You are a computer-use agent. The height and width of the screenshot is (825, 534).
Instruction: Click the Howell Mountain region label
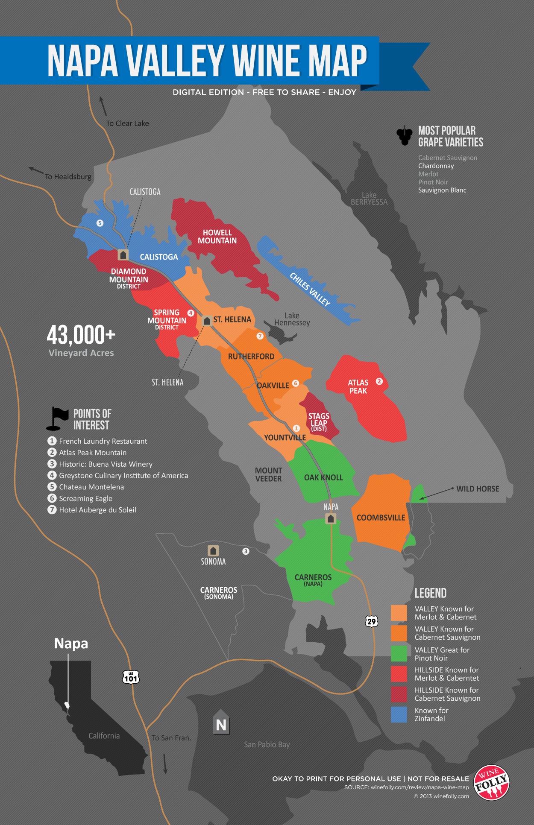click(x=217, y=237)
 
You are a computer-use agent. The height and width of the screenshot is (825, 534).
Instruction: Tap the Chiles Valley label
click(x=310, y=289)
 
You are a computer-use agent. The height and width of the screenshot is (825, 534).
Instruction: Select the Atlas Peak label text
click(x=358, y=386)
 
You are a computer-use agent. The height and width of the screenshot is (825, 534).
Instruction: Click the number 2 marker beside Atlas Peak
click(x=379, y=381)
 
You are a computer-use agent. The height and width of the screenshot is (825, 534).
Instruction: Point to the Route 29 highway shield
click(x=371, y=621)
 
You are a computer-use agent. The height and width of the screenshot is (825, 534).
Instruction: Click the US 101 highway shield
click(x=131, y=677)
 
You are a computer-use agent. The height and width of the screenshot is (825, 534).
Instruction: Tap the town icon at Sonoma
click(x=213, y=550)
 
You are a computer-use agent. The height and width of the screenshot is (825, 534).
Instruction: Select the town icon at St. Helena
click(x=207, y=320)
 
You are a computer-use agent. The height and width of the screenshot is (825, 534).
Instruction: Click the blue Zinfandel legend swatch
click(x=399, y=714)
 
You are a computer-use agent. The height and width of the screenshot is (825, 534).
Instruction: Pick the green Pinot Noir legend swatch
click(x=399, y=653)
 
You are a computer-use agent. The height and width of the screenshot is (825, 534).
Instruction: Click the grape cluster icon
click(x=404, y=136)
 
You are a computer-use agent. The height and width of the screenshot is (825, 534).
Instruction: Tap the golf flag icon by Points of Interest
click(x=58, y=418)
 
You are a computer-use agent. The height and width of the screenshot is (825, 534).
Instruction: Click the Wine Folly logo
click(x=492, y=782)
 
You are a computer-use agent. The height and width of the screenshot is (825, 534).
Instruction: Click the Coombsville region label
click(x=381, y=518)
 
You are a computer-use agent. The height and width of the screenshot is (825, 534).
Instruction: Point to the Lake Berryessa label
click(x=369, y=199)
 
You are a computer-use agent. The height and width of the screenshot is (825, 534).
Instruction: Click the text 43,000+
click(x=81, y=335)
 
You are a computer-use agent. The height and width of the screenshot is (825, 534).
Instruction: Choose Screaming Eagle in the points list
click(x=85, y=498)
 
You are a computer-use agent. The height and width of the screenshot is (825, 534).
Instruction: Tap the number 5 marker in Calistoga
click(x=100, y=223)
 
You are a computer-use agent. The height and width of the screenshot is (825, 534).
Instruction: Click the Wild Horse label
click(x=478, y=489)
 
